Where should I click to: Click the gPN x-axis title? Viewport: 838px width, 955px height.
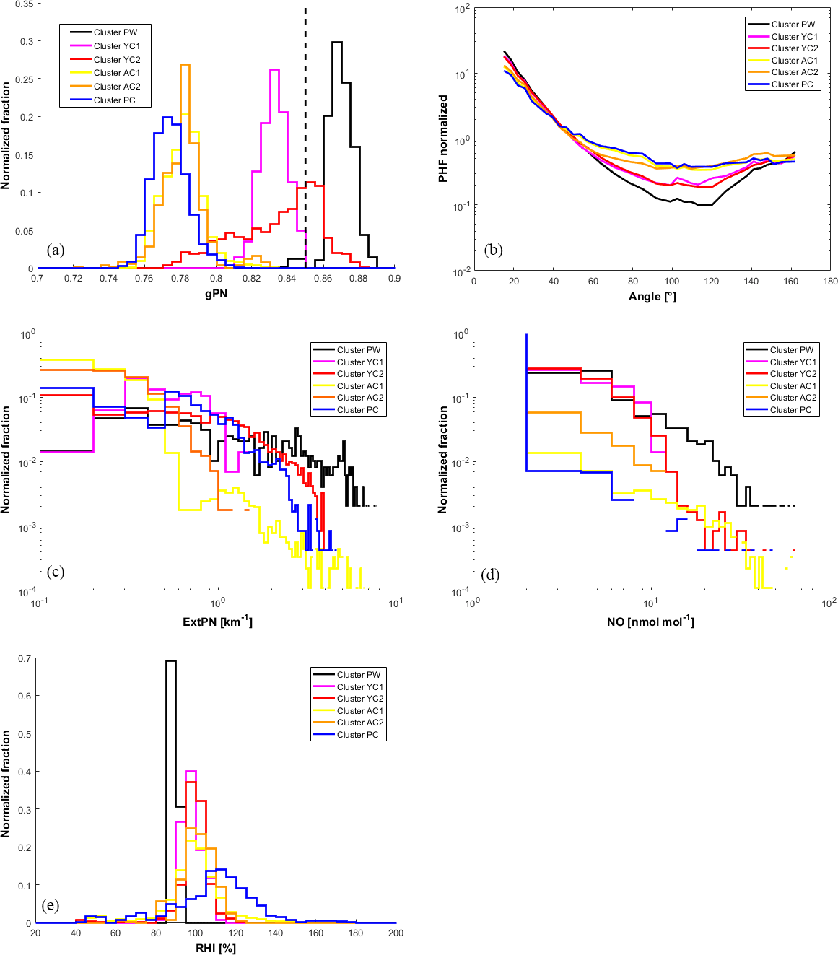point(216,293)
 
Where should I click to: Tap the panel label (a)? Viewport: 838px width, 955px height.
point(56,250)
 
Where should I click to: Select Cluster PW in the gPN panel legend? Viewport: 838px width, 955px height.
point(115,32)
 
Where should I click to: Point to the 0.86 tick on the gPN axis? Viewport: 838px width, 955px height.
point(323,278)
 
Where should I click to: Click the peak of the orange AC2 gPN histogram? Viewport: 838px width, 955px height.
point(185,65)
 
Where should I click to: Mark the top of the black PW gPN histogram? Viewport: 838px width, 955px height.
point(336,42)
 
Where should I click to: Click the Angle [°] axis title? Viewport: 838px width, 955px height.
point(652,297)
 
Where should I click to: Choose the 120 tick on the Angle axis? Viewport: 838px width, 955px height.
point(711,281)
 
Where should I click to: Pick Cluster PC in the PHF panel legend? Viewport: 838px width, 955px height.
point(792,84)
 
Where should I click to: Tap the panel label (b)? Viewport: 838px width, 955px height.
point(494,250)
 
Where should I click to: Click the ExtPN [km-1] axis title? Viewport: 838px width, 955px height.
point(217,622)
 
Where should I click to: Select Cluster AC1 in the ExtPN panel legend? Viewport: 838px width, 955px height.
point(360,386)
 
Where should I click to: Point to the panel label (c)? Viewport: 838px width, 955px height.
point(56,572)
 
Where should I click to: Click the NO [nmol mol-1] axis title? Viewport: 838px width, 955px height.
point(650,622)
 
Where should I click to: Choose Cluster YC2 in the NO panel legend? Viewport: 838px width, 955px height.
point(793,374)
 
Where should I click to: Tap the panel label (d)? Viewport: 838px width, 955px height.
point(489,575)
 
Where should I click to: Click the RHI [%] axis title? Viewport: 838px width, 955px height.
point(216,948)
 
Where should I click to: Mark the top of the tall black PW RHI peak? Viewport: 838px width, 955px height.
point(171,660)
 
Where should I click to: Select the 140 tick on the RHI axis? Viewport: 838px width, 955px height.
point(276,933)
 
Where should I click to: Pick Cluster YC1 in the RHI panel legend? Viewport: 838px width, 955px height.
point(360,687)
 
